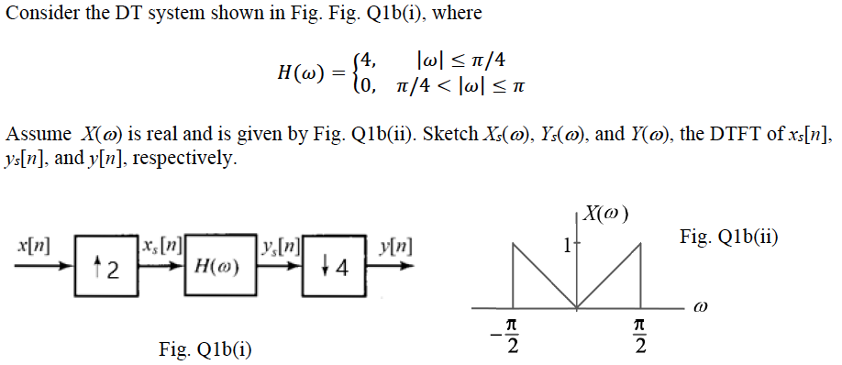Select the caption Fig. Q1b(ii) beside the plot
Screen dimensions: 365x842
[x=729, y=237]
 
